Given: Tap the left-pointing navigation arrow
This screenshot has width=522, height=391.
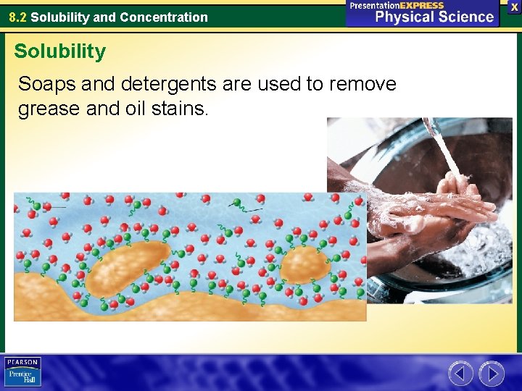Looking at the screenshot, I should [460, 374].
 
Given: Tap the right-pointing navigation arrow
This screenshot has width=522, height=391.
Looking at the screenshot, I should [492, 374].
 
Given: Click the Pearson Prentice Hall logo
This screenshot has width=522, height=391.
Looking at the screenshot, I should [22, 372].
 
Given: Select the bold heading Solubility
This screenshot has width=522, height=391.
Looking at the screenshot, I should [59, 51].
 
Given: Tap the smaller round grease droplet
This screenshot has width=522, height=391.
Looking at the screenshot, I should [304, 266].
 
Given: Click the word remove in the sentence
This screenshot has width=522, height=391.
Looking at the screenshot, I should [362, 84].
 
